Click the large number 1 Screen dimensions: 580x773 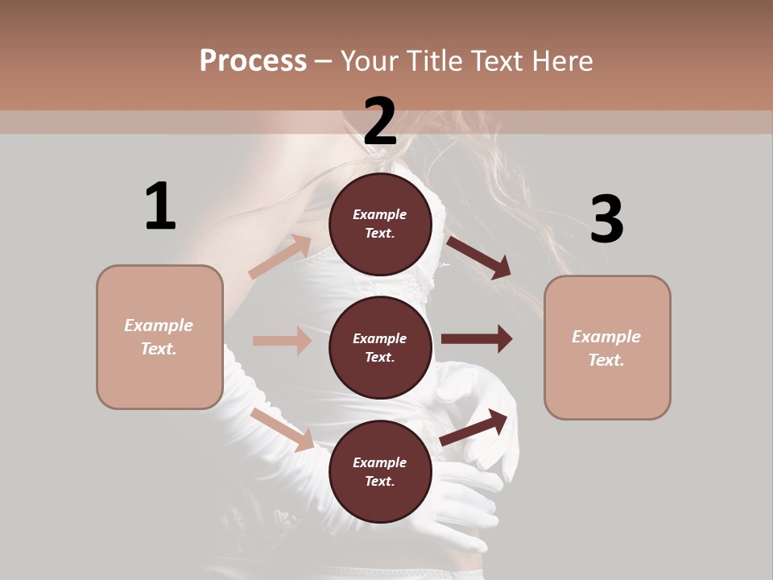[160, 206]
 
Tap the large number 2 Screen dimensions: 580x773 [380, 121]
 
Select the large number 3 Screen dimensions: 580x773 [606, 219]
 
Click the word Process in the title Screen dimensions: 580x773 [253, 60]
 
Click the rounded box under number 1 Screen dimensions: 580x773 [159, 337]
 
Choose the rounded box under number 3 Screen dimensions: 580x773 [607, 347]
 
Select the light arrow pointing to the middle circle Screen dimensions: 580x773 [282, 341]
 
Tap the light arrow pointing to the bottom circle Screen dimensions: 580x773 [283, 429]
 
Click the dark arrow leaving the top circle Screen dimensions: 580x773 [478, 258]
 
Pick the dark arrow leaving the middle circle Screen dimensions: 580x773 [477, 339]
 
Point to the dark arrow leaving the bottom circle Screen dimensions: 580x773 [474, 428]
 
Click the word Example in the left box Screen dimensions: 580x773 [159, 325]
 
